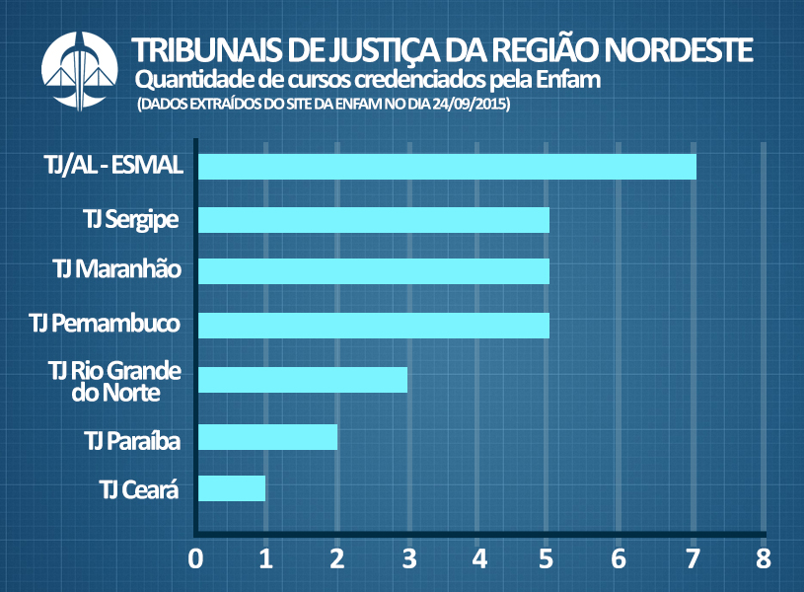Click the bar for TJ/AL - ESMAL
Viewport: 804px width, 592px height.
(x=447, y=167)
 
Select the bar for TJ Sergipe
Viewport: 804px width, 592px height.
(x=373, y=219)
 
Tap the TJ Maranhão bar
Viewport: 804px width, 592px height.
(x=373, y=271)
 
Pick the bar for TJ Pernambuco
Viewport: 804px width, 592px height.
(x=373, y=325)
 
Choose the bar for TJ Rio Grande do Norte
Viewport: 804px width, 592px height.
(x=303, y=379)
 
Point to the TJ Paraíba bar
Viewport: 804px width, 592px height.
(x=267, y=436)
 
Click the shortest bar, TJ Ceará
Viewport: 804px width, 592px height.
(x=232, y=487)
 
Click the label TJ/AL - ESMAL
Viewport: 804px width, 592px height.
(x=114, y=165)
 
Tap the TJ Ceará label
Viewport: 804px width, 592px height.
(x=139, y=487)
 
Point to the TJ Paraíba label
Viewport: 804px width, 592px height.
(x=132, y=440)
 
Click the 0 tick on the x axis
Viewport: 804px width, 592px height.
(x=196, y=559)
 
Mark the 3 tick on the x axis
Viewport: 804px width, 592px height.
(x=408, y=559)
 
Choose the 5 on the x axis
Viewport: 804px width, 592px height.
(x=549, y=559)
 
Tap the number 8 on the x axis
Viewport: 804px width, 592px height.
(x=763, y=559)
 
